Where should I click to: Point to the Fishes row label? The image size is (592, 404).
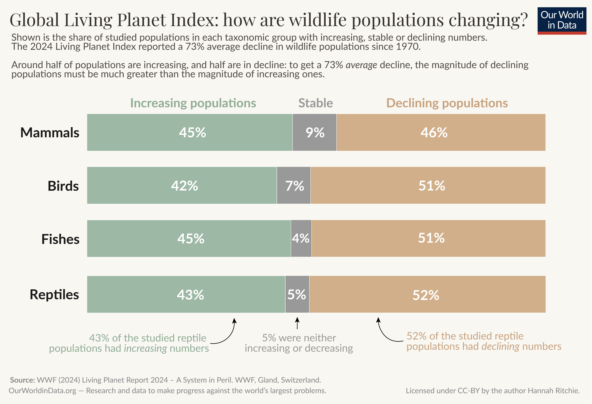pos(60,239)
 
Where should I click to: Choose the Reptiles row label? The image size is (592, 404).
pos(54,295)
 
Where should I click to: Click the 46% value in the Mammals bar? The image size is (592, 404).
pos(434,133)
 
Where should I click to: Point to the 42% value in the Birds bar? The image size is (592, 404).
pos(184,186)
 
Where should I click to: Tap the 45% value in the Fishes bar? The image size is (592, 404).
pos(191,239)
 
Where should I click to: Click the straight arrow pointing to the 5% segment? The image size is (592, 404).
pos(297,323)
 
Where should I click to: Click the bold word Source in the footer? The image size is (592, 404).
pos(22,380)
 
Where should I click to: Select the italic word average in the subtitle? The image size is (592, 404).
pos(361,65)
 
